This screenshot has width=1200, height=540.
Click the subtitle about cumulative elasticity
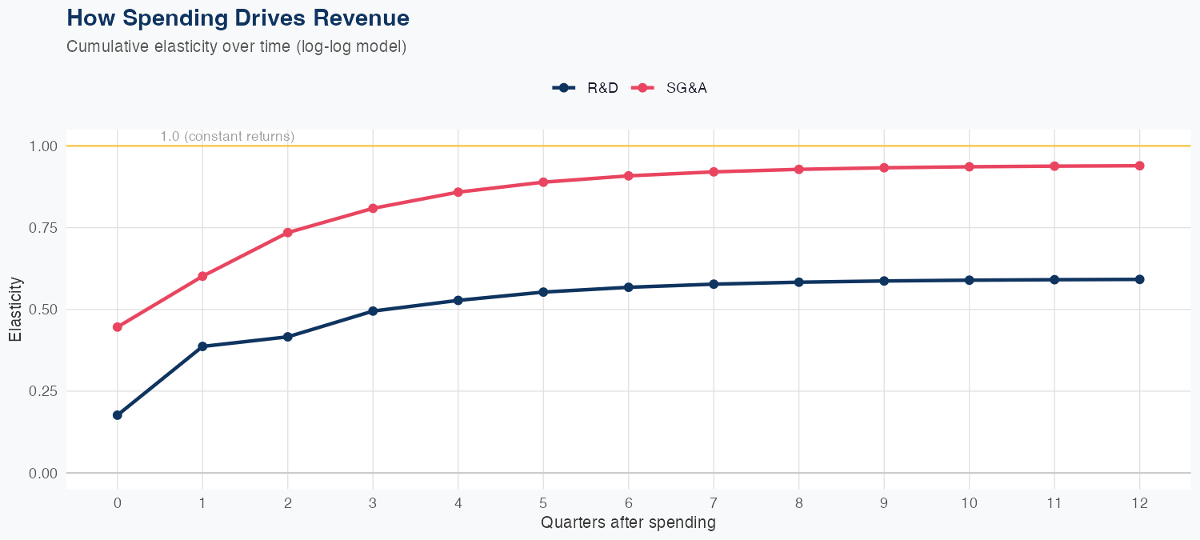pyautogui.click(x=237, y=46)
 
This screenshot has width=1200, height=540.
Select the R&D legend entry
pyautogui.click(x=586, y=88)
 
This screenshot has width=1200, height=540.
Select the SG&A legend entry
pyautogui.click(x=670, y=88)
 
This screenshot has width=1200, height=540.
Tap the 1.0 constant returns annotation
pyautogui.click(x=227, y=137)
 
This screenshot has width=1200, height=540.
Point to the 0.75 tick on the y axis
pyautogui.click(x=43, y=228)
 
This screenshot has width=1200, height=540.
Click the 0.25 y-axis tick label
pyautogui.click(x=43, y=391)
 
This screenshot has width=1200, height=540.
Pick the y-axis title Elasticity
pyautogui.click(x=15, y=310)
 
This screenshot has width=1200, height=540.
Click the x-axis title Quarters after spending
pyautogui.click(x=628, y=523)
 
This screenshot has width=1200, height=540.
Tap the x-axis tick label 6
pyautogui.click(x=628, y=503)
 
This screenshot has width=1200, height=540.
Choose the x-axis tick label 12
pyautogui.click(x=1139, y=503)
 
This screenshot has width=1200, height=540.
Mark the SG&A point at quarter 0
pyautogui.click(x=118, y=327)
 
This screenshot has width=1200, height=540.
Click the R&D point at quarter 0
pyautogui.click(x=118, y=415)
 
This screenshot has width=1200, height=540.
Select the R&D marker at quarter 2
pyautogui.click(x=287, y=337)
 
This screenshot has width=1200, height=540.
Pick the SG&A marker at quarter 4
pyautogui.click(x=458, y=192)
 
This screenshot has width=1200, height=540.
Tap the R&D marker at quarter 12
pyautogui.click(x=1139, y=279)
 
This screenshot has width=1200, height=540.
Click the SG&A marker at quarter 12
pyautogui.click(x=1139, y=166)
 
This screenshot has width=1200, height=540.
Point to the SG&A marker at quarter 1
pyautogui.click(x=202, y=276)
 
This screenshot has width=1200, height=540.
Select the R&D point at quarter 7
pyautogui.click(x=714, y=284)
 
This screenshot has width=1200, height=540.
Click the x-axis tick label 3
pyautogui.click(x=373, y=503)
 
